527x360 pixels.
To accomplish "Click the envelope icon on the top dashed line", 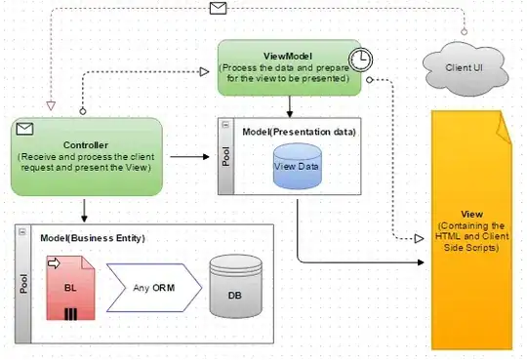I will [x=219, y=10].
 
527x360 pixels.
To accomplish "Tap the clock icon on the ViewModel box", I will [x=361, y=60].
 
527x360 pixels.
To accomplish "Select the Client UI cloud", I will [x=466, y=66].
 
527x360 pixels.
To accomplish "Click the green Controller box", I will [x=88, y=155].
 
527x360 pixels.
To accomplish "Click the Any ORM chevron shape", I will [x=151, y=287].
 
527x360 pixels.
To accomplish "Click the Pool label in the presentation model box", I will [x=226, y=158].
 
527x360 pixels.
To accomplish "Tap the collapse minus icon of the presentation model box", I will [x=226, y=127].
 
